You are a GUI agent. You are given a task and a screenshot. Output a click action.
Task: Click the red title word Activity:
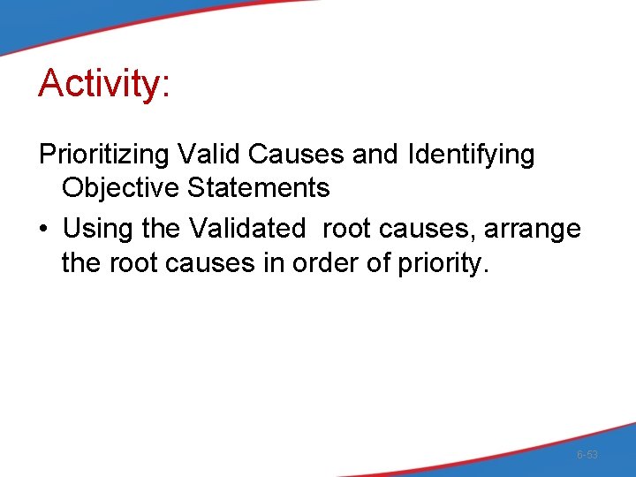click(104, 84)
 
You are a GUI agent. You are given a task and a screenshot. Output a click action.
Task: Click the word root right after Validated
click(346, 229)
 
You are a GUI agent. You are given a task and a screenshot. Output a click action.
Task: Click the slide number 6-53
click(587, 455)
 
